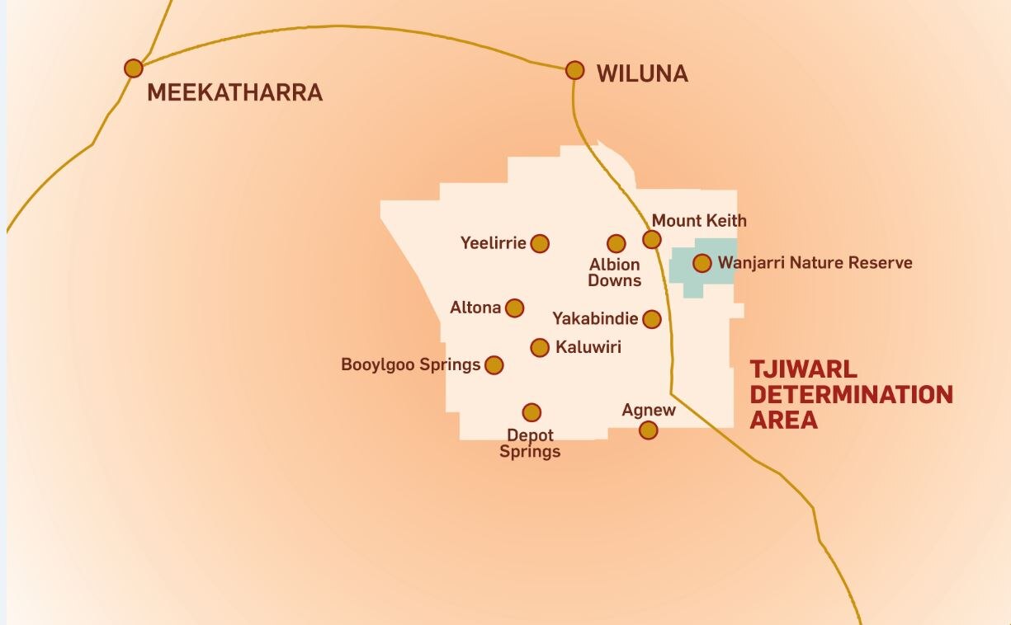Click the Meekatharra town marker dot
[134, 68]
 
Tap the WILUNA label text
[642, 74]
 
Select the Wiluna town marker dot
[575, 70]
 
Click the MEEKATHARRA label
[234, 92]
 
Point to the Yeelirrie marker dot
[540, 243]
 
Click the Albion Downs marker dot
[617, 243]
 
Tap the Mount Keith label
[699, 221]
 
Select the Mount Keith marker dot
[652, 240]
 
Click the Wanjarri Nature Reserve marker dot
[702, 263]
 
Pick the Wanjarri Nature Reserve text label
[815, 263]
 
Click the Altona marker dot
[514, 308]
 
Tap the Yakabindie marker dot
[652, 319]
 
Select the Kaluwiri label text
[588, 347]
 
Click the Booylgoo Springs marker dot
[494, 364]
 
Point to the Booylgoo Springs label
[410, 364]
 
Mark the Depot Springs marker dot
[531, 412]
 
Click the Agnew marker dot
[649, 430]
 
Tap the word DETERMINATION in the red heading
[851, 394]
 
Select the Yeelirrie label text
[493, 243]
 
